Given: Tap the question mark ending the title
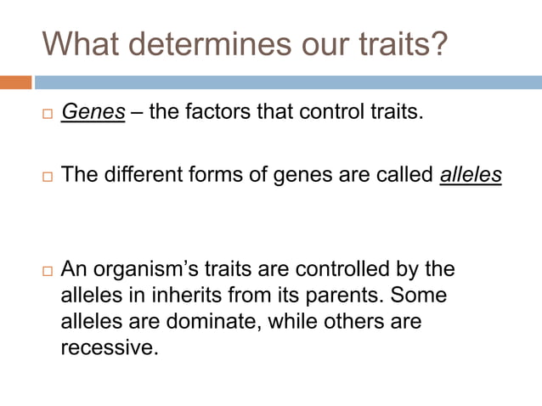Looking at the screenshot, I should pyautogui.click(x=437, y=43).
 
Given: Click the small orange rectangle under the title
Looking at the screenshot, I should pyautogui.click(x=15, y=82).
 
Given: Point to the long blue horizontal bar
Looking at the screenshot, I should pyautogui.click(x=288, y=82).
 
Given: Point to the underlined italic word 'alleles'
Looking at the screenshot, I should pyautogui.click(x=471, y=175).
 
